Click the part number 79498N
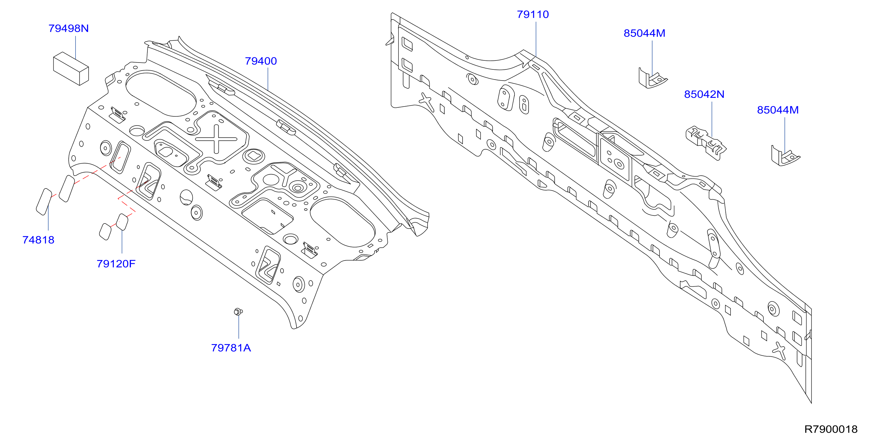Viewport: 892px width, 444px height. point(69,28)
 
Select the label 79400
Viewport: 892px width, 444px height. point(261,61)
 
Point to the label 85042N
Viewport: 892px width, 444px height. point(704,95)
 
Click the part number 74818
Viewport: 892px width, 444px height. point(38,240)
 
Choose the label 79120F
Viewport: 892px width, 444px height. point(116,264)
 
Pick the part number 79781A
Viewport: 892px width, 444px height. point(231,348)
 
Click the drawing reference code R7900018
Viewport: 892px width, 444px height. point(831,429)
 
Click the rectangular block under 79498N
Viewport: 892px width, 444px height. point(71,69)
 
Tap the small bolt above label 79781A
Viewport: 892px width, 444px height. point(238,311)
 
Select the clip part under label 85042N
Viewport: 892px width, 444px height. point(706,143)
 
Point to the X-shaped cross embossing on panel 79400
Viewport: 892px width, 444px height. point(216,139)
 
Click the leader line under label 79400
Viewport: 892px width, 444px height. point(268,79)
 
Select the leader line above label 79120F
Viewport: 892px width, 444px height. point(122,241)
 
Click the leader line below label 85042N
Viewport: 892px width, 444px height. point(712,118)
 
